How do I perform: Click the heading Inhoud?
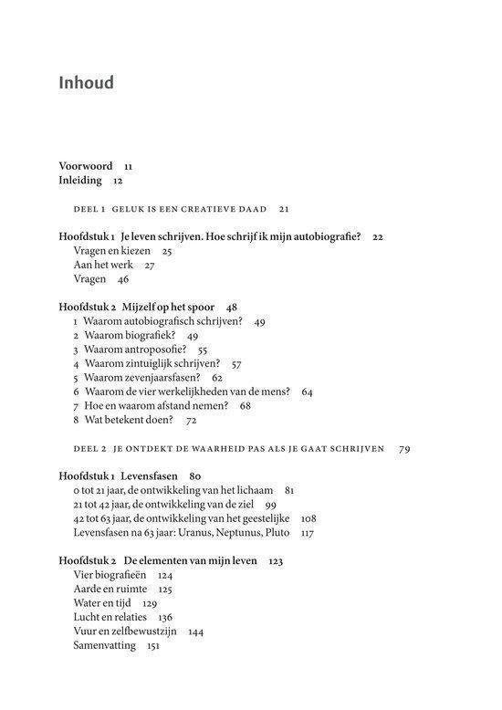pos(86,83)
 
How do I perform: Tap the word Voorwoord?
pos(86,166)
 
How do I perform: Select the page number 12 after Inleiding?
pos(118,181)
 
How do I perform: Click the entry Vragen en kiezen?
pos(110,250)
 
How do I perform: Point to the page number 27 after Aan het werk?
pos(150,265)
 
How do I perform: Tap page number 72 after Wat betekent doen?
pos(192,420)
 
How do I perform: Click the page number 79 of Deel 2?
pos(404,449)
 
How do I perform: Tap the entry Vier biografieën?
pos(110,576)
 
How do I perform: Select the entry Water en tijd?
pos(102,603)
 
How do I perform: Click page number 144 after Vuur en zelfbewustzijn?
pos(195,632)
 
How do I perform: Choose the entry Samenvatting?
pos(104,645)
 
